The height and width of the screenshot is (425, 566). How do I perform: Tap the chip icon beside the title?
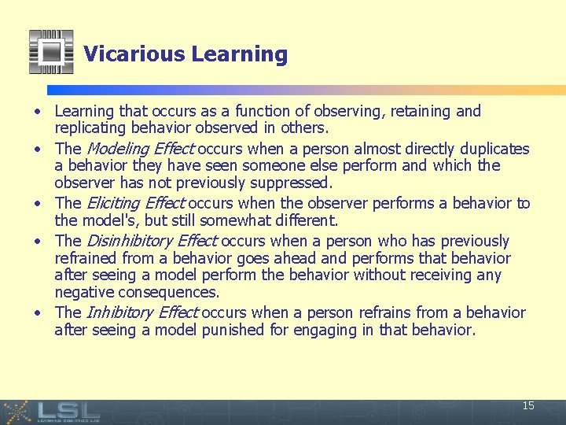click(51, 52)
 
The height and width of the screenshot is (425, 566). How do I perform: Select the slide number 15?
click(528, 406)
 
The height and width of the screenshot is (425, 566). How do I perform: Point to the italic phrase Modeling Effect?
click(134, 149)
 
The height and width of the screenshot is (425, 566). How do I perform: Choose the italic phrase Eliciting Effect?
click(135, 203)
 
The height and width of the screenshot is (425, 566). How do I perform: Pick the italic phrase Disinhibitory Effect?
click(150, 241)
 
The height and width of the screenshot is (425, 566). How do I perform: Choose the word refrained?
click(86, 258)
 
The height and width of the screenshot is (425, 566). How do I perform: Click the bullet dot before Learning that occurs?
click(38, 112)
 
